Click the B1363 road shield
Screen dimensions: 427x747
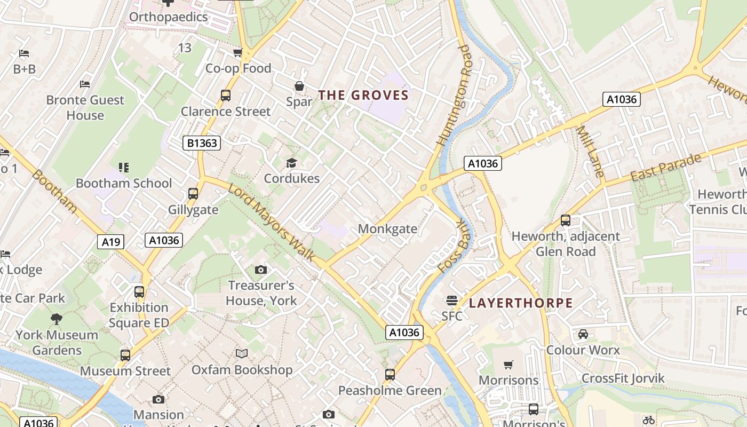[x=201, y=143]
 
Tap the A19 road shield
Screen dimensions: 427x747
[x=111, y=242]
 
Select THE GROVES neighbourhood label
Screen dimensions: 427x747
[x=363, y=96]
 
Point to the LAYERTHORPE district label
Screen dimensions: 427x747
[x=520, y=304]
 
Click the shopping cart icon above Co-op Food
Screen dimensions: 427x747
[x=238, y=52]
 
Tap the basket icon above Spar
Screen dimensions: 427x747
[x=299, y=86]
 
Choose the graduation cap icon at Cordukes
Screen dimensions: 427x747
[x=291, y=163]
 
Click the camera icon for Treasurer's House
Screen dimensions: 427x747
[x=260, y=270]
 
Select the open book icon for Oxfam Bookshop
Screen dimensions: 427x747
[x=242, y=353]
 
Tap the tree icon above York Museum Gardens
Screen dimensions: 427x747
[x=56, y=319]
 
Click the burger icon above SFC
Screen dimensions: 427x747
[x=452, y=301]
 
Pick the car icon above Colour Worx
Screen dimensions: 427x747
[x=583, y=334]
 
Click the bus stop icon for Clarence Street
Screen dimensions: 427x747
[x=226, y=96]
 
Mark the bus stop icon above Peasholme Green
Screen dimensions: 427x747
[x=390, y=375]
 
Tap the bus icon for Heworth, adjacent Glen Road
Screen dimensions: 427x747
[x=566, y=220]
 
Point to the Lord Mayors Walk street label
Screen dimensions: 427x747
[x=272, y=222]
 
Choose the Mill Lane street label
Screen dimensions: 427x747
[x=591, y=152]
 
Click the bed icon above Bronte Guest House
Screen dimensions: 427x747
[x=85, y=84]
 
